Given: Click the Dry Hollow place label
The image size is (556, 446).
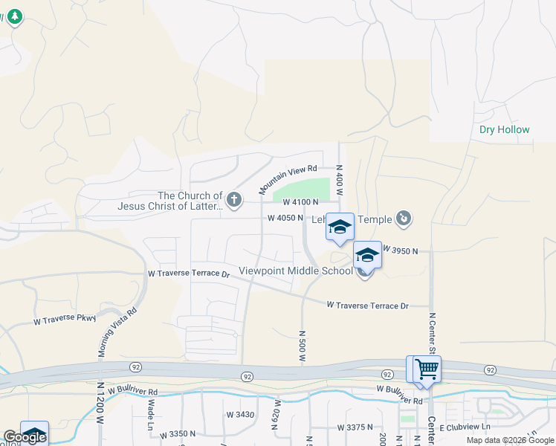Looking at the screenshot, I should (x=505, y=129).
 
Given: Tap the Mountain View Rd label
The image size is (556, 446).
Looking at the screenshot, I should (x=288, y=180).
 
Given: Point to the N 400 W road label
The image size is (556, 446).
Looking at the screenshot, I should (x=339, y=180).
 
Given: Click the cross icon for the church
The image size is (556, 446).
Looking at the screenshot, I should (x=234, y=198).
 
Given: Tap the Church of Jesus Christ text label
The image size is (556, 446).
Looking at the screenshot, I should (x=179, y=201).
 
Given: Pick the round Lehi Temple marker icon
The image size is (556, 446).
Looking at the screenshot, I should (x=403, y=218).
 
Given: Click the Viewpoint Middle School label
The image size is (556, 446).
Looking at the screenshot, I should (x=296, y=271).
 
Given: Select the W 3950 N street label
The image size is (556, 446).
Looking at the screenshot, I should (x=401, y=252).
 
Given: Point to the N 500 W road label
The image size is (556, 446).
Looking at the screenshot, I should (x=303, y=346).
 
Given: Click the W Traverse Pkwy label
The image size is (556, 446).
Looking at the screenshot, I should (x=65, y=320).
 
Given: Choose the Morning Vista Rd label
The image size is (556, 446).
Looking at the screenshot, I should (x=119, y=332).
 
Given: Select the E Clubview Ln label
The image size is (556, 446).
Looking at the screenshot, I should (x=465, y=427).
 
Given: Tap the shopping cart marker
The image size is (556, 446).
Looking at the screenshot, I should (x=427, y=367).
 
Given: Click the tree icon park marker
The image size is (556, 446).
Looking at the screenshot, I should (x=14, y=16).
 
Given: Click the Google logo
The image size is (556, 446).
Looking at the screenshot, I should (x=25, y=437).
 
